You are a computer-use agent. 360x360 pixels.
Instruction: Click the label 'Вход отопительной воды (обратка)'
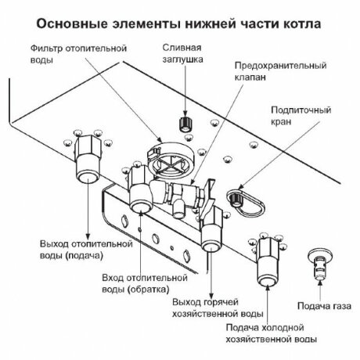pyautogui.click(x=142, y=281)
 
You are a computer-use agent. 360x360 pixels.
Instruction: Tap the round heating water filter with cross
pyautogui.click(x=170, y=160)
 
